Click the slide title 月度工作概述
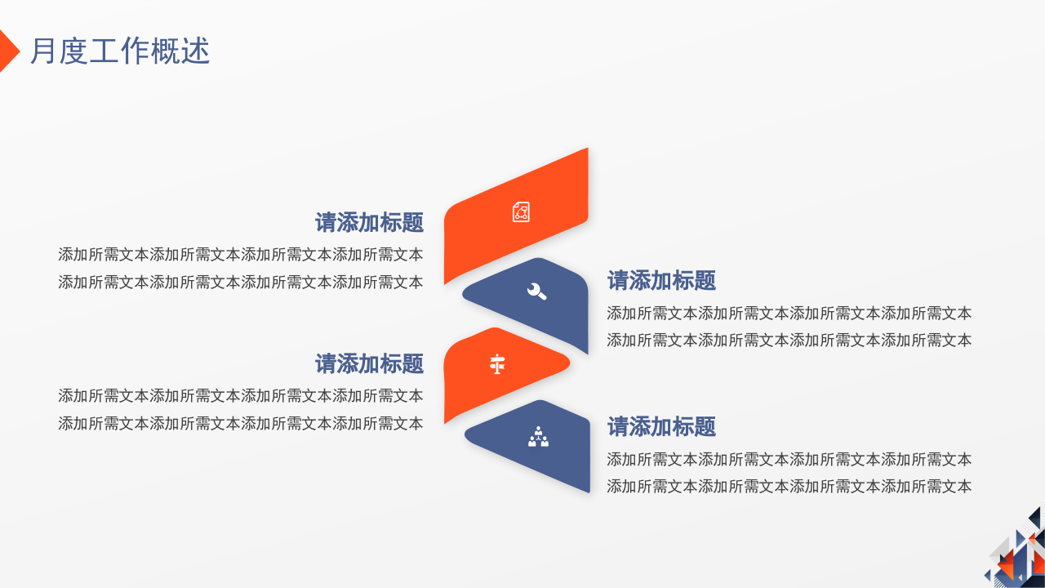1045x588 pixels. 120,51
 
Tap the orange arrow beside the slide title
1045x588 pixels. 7,51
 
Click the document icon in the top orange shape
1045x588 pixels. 521,212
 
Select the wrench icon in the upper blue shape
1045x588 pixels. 536,291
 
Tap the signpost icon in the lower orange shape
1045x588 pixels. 497,364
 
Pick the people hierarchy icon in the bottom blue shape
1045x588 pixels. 538,438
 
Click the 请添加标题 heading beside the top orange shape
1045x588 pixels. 369,222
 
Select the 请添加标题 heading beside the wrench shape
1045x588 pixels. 661,281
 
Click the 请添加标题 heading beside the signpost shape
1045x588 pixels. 369,363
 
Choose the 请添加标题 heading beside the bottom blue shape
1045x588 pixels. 661,426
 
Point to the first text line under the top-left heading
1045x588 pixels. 241,255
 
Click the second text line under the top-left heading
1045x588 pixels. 241,283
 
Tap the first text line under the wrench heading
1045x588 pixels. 789,313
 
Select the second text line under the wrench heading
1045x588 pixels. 789,341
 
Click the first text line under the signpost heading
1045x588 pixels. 241,396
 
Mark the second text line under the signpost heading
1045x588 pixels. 241,424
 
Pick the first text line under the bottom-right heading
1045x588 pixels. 789,459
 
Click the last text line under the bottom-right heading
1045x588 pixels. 789,487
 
